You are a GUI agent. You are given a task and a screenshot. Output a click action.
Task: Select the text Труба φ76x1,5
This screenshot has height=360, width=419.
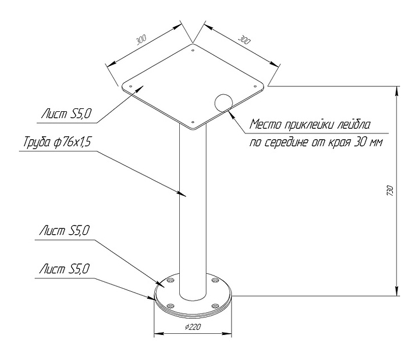pyautogui.click(x=57, y=142)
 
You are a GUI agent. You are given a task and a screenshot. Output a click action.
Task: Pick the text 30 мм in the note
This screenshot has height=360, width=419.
pyautogui.click(x=368, y=143)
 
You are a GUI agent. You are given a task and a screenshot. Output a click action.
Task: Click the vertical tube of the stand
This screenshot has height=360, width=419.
pyautogui.click(x=192, y=210)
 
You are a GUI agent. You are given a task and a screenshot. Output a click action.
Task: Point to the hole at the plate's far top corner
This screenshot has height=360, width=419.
pyautogui.click(x=192, y=51)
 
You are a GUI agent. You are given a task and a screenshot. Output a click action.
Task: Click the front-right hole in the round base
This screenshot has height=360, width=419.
pyautogui.click(x=215, y=305)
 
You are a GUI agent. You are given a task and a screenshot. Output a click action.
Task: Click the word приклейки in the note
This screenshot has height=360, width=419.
pyautogui.click(x=309, y=125)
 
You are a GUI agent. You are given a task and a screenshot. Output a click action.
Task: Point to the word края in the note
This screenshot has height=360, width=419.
pyautogui.click(x=339, y=143)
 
